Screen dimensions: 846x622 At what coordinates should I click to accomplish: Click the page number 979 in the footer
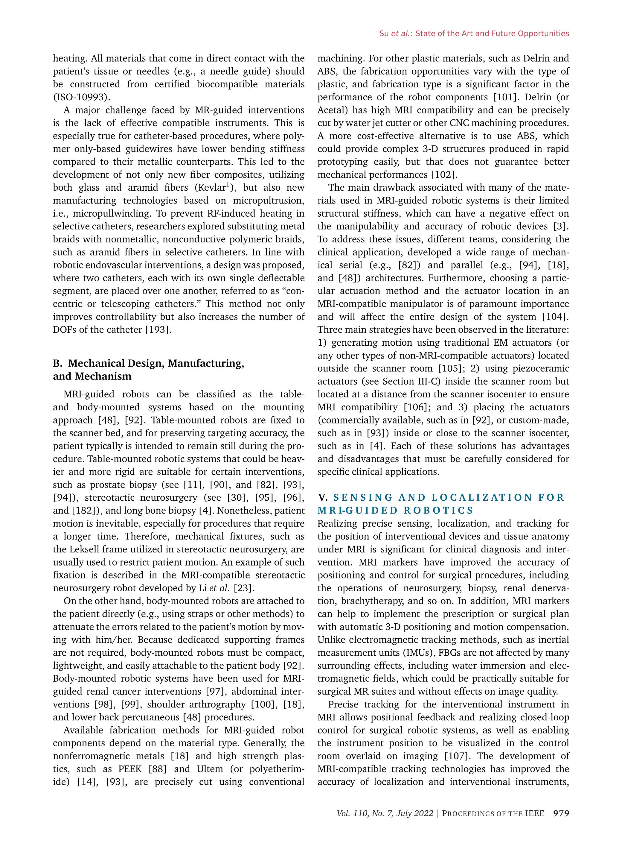(561, 813)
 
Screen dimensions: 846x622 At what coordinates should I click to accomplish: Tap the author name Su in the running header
(384, 34)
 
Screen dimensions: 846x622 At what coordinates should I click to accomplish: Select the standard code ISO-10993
(81, 97)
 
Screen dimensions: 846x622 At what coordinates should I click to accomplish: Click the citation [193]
(158, 330)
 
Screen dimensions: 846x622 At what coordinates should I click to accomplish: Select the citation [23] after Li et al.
(244, 588)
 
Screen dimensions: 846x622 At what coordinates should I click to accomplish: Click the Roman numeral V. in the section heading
(323, 498)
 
